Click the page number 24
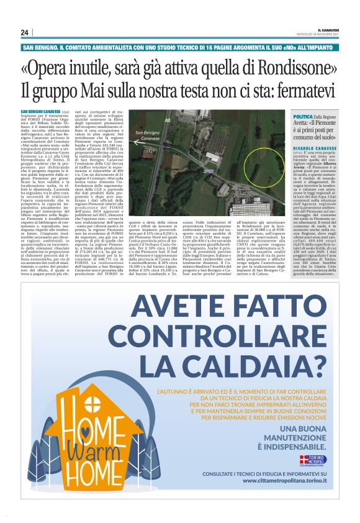click(25, 32)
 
